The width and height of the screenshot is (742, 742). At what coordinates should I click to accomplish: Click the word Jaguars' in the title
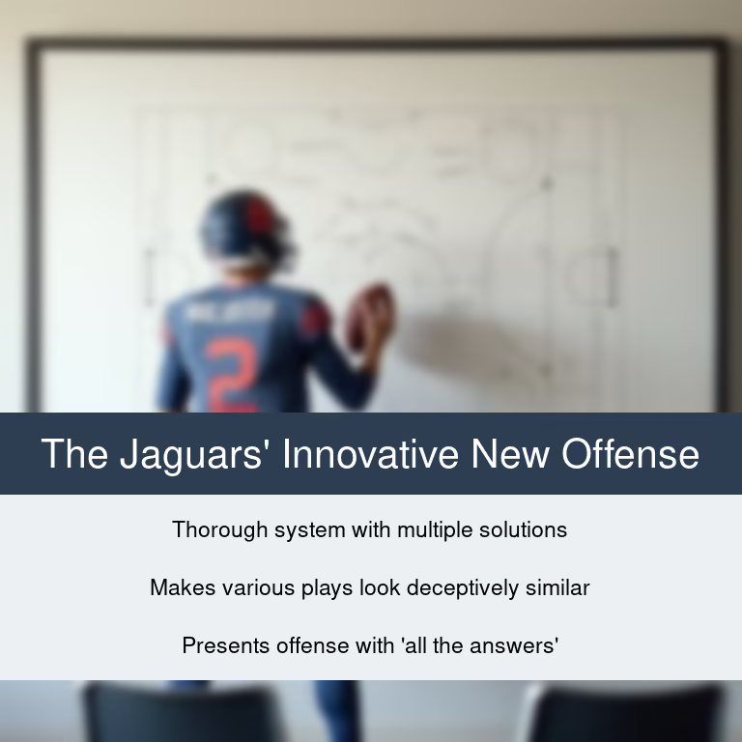point(190,455)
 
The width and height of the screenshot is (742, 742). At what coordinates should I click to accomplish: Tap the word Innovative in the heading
point(371,453)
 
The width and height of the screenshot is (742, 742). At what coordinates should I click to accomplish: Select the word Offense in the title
point(630,453)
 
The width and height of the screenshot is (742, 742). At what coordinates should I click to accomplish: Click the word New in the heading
point(510,453)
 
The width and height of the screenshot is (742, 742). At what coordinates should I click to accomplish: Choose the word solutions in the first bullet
point(523,529)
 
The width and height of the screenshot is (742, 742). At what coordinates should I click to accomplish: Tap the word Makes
point(184,587)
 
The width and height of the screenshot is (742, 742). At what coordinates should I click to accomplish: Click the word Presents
point(226,646)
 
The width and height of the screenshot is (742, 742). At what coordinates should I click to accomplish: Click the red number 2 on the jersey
point(233,374)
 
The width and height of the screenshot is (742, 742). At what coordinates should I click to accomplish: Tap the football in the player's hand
point(371,316)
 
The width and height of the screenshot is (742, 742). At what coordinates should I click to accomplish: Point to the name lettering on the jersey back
point(231,311)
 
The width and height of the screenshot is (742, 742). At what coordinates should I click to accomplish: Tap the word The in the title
point(74,453)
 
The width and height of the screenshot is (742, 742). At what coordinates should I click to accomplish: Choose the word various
point(258,587)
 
